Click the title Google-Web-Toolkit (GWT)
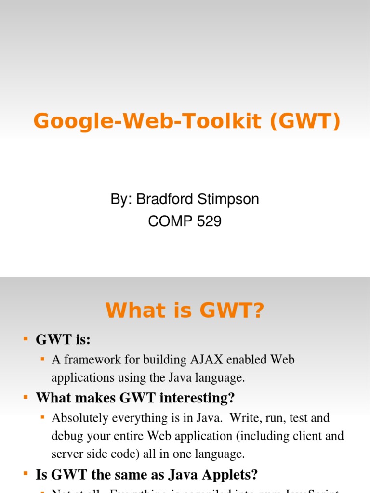point(187,121)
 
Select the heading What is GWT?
point(185,311)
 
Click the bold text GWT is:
point(63,340)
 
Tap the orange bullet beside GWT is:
point(26,339)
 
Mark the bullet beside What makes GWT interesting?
point(26,397)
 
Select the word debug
point(66,436)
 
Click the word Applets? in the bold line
point(229,475)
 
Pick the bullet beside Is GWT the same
point(26,475)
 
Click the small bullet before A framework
point(42,359)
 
